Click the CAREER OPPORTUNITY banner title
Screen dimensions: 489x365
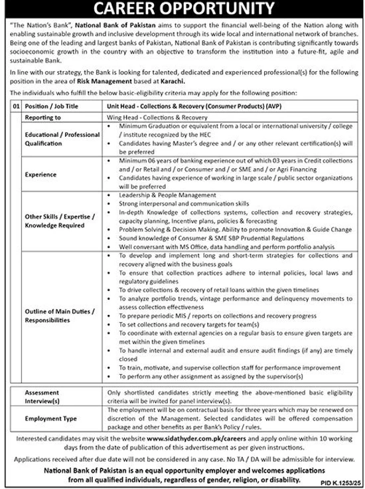tap(183, 9)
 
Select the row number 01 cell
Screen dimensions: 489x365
tap(15, 106)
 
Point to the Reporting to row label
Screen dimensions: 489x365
tap(42, 116)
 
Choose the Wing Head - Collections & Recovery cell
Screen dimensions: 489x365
tap(150, 116)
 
